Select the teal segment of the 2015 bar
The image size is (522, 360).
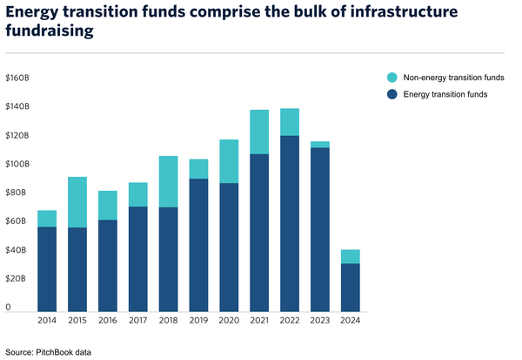[77, 202]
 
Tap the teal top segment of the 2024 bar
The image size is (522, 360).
[350, 256]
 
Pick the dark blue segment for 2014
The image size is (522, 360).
[47, 268]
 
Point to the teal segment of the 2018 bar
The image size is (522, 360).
[168, 181]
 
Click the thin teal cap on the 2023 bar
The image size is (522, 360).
[319, 144]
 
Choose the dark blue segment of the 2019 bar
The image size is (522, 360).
[198, 245]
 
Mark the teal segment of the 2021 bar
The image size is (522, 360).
[258, 132]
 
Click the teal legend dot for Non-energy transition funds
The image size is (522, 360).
[393, 78]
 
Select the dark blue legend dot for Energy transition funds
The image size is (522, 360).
[393, 93]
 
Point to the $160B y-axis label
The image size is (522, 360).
[17, 78]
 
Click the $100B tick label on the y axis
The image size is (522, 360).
[17, 164]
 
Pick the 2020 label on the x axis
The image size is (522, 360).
[228, 321]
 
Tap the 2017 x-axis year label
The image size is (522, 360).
[137, 321]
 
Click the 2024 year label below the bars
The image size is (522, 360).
[350, 321]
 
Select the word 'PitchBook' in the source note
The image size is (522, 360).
[57, 352]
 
